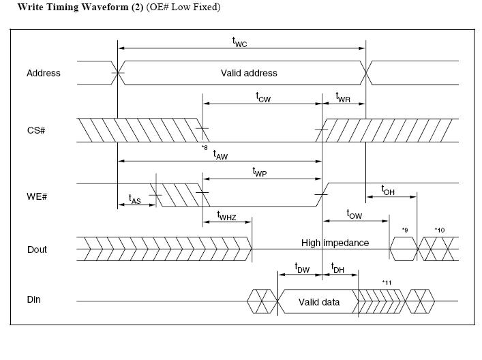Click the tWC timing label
239,42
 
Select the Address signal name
44,73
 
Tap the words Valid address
249,73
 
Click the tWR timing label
343,97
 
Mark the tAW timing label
221,155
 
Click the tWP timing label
260,172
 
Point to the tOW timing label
355,214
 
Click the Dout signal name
37,250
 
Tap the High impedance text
335,243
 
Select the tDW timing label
302,268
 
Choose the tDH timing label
337,268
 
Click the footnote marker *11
387,282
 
